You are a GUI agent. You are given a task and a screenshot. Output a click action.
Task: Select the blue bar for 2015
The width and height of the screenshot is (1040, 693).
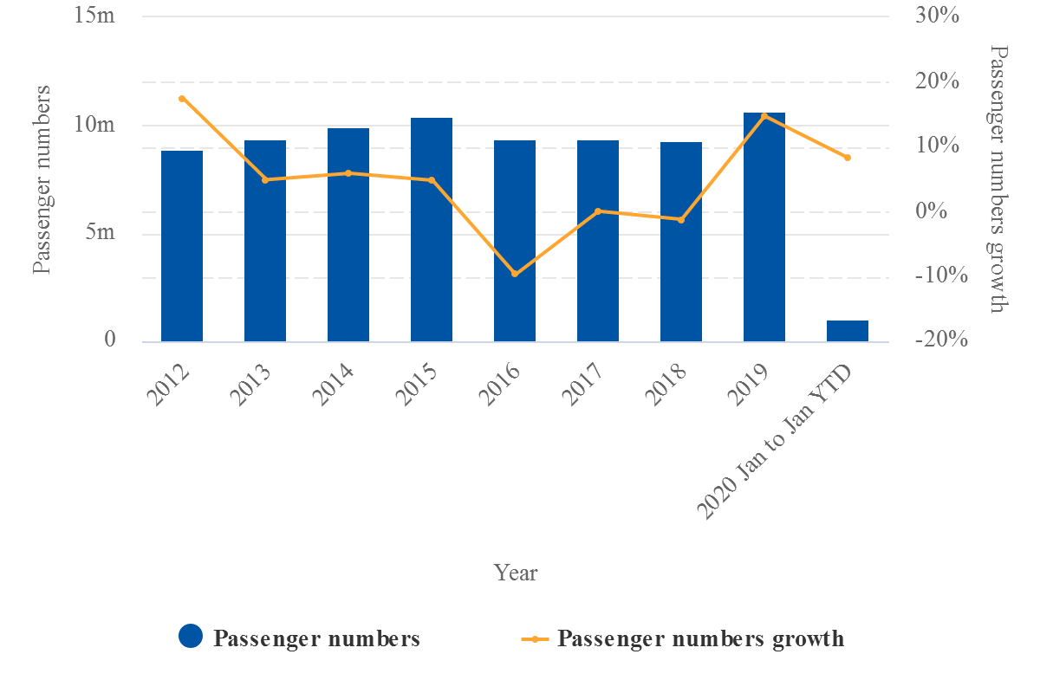pos(432,230)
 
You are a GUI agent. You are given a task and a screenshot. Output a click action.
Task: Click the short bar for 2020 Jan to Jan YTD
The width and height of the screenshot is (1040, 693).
pos(848,331)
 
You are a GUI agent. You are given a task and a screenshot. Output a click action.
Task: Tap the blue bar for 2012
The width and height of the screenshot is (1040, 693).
pos(182,246)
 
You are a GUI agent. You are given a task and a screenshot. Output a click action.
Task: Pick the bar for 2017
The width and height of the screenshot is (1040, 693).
pos(598,241)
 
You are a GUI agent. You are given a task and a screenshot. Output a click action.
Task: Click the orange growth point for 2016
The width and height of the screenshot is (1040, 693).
pos(515,274)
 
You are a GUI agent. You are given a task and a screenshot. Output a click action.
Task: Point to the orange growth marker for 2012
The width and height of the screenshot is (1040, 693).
pos(182,99)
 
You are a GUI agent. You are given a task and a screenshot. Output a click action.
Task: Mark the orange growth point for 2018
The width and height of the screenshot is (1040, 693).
pos(681,220)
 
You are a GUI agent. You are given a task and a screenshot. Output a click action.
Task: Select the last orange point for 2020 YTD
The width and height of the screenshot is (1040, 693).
pos(848,158)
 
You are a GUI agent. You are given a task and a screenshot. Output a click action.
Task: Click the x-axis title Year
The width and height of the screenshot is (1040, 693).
pos(516,573)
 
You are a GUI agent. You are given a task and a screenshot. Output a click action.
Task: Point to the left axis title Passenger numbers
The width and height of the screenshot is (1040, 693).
pos(42,179)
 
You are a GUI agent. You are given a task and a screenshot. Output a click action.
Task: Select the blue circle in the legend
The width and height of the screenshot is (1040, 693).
pos(191,637)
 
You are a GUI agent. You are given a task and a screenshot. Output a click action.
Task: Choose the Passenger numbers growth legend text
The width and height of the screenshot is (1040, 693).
pos(700,638)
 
